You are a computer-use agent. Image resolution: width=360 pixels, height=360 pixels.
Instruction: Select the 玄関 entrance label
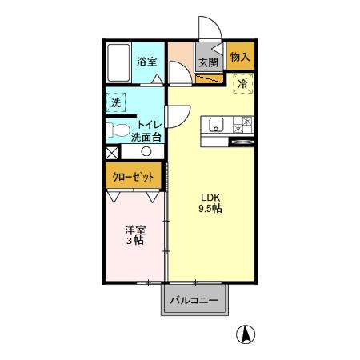[208, 62]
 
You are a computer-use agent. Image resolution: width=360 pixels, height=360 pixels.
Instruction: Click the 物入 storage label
[239, 57]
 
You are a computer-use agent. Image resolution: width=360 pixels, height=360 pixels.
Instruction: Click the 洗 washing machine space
[116, 102]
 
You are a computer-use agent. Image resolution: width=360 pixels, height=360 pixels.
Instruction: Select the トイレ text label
[150, 125]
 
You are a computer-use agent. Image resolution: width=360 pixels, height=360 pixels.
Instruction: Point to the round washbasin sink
[146, 150]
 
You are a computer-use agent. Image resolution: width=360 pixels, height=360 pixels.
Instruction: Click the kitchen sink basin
[217, 124]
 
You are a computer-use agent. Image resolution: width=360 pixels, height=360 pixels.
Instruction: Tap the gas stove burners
[242, 124]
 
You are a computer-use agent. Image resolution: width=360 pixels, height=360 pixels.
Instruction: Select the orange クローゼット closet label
[133, 177]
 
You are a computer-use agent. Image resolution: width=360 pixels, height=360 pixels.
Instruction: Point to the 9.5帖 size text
[210, 209]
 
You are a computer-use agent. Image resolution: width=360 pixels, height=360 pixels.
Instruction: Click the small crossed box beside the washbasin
[110, 151]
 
